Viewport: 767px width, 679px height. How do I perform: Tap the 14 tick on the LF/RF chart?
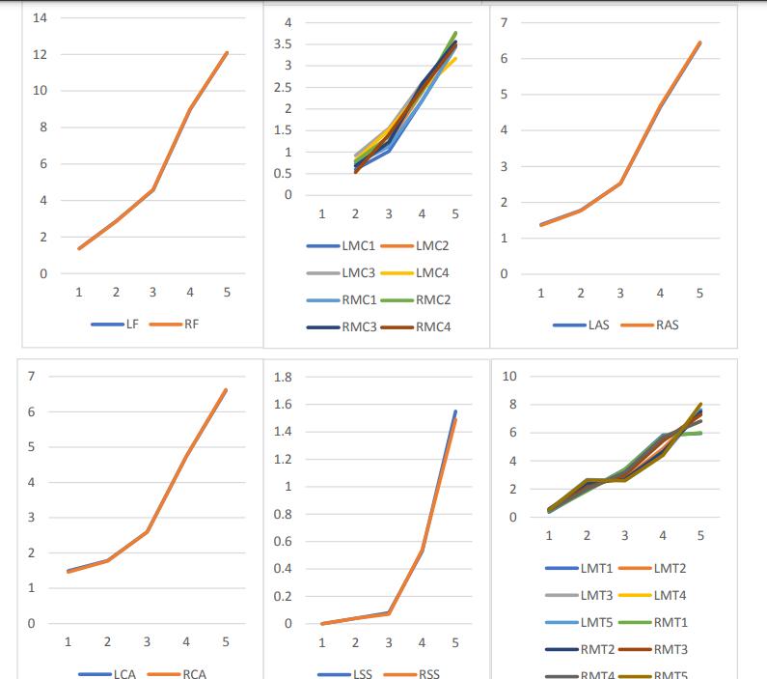pyautogui.click(x=41, y=18)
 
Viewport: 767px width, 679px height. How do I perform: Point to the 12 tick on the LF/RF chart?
pyautogui.click(x=41, y=55)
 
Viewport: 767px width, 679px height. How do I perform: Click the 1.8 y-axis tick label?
pyautogui.click(x=285, y=377)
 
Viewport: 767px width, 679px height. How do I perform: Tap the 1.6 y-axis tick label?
pyautogui.click(x=285, y=404)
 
